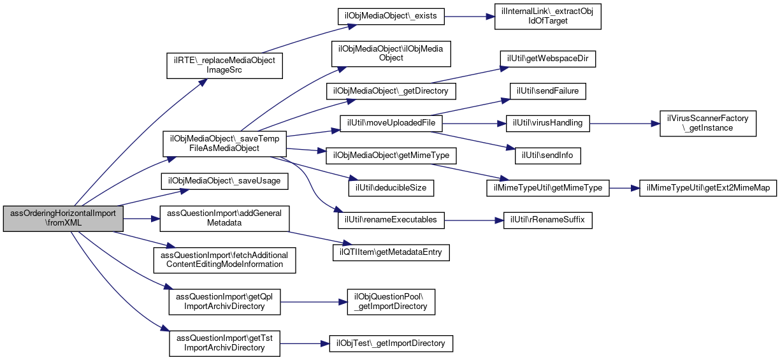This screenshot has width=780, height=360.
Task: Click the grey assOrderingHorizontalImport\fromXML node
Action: (63, 219)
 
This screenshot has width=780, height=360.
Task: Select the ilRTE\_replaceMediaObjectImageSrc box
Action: (224, 66)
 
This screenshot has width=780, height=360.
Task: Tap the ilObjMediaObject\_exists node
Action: (391, 17)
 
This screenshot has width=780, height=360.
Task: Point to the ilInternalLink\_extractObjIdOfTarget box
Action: (547, 17)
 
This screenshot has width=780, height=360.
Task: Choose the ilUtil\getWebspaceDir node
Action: (547, 59)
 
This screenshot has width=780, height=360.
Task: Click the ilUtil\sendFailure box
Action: (547, 91)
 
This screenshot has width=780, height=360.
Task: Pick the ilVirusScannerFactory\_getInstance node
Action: (707, 124)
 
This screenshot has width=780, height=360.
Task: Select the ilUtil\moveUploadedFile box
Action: (391, 124)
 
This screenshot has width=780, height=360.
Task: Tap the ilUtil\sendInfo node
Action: (547, 155)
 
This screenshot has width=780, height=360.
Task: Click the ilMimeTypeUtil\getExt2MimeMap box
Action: (707, 188)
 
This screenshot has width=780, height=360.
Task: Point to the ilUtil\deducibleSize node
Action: (391, 188)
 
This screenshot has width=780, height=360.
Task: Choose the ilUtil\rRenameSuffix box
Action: (547, 220)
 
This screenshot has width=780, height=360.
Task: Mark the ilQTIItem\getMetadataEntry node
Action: (391, 252)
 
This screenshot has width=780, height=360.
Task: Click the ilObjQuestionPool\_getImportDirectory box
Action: (391, 302)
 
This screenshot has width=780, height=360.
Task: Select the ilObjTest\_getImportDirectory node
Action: (391, 343)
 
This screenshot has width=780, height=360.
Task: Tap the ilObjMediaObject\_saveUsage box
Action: (224, 182)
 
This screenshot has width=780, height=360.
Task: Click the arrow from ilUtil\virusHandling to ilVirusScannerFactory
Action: (625, 124)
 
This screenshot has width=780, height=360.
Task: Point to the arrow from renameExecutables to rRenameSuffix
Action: (474, 220)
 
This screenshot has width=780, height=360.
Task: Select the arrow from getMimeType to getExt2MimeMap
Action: (625, 188)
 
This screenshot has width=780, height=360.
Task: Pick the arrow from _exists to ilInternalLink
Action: (470, 17)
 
